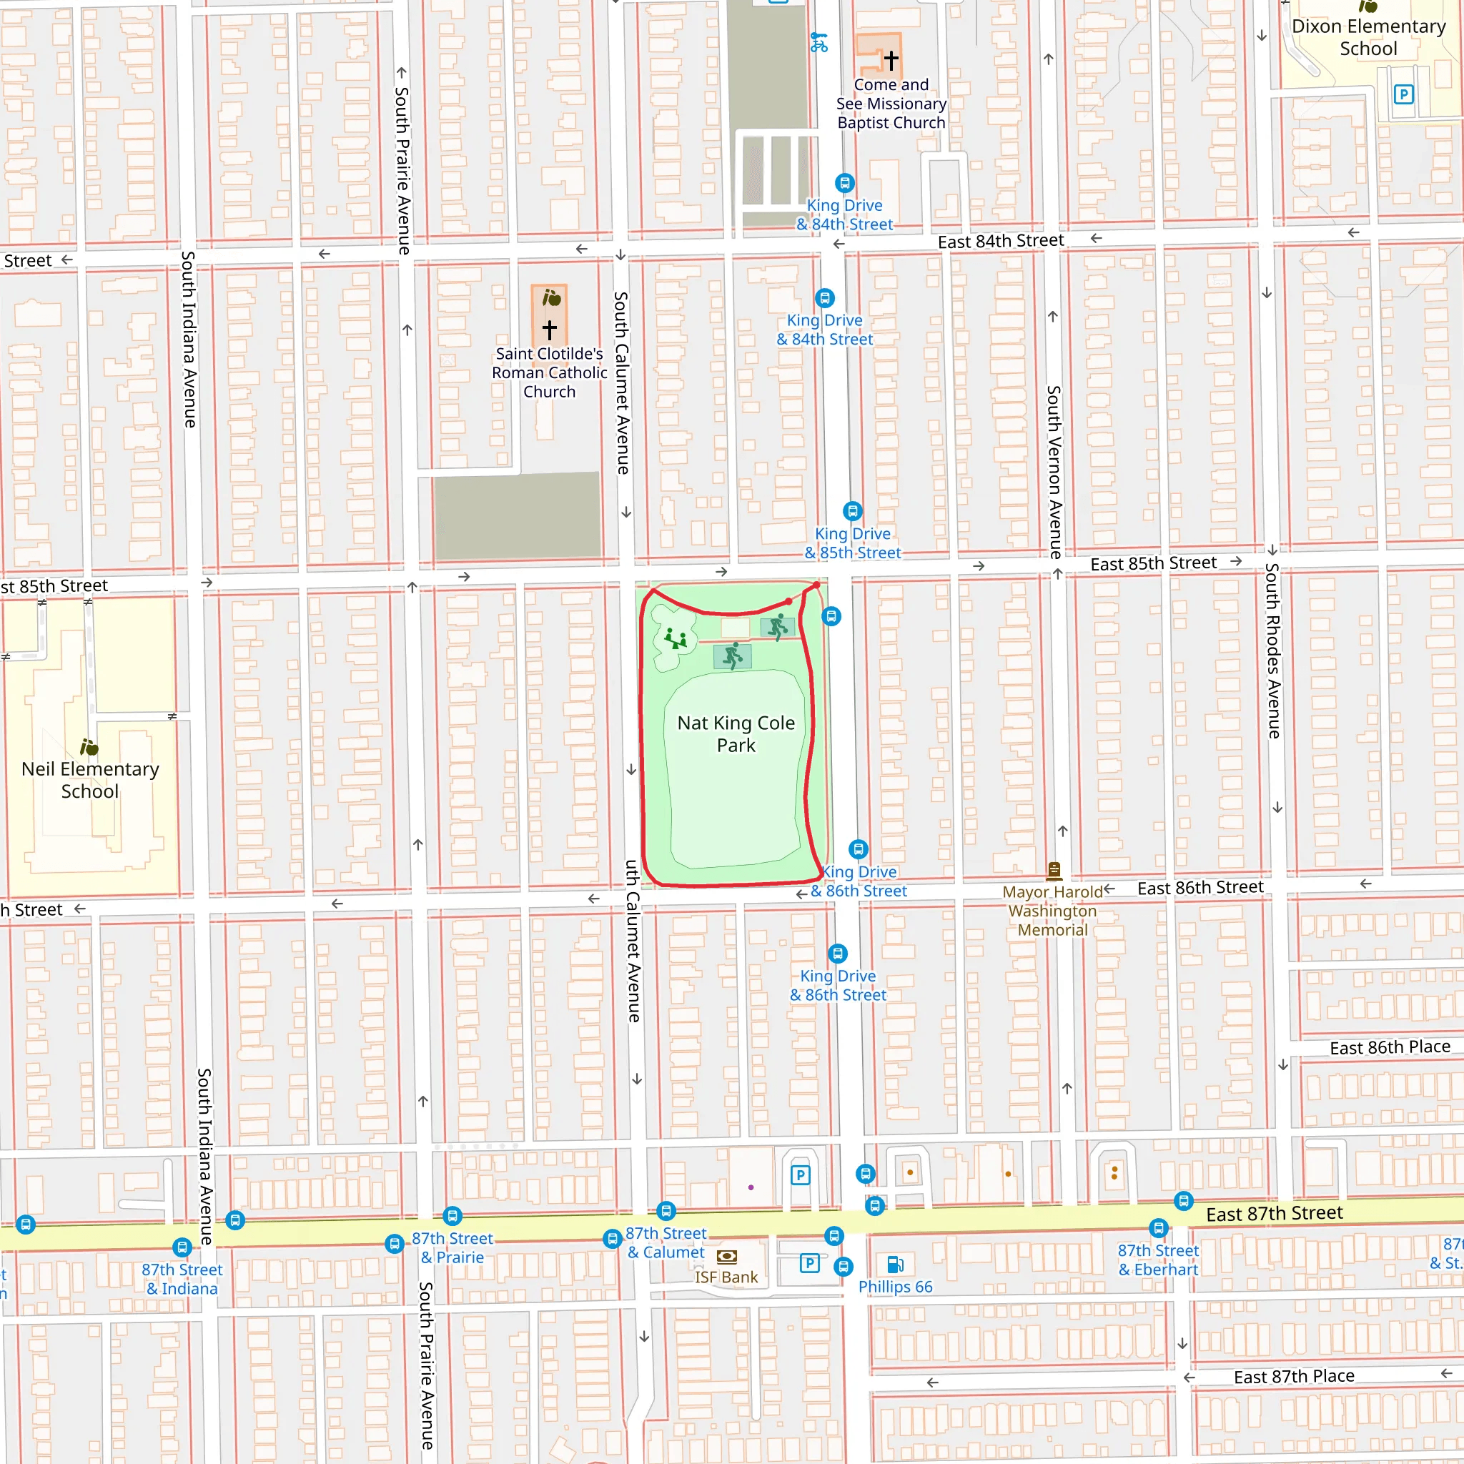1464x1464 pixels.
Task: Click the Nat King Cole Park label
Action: click(736, 733)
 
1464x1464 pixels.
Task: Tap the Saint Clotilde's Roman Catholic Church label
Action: click(550, 373)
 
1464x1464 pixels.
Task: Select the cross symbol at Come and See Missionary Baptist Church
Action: click(891, 59)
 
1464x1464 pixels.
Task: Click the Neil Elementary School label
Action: click(90, 780)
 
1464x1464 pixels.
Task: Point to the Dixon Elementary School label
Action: click(1367, 37)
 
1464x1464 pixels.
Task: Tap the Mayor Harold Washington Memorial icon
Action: click(1053, 869)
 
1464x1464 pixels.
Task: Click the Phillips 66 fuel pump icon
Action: click(895, 1264)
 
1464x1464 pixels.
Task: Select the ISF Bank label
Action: click(726, 1277)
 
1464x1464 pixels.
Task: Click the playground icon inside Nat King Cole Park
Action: click(675, 639)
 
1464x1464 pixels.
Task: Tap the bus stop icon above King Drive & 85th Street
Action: click(853, 510)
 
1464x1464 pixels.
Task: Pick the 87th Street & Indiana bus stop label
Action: click(182, 1279)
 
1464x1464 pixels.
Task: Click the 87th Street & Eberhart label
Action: click(1158, 1260)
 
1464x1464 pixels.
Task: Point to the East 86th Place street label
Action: click(1390, 1047)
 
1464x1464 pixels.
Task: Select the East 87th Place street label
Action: click(1293, 1376)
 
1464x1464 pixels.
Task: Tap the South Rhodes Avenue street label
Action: click(1273, 651)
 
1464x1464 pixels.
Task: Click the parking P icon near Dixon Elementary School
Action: click(1403, 95)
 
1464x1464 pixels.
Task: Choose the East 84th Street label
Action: click(1000, 241)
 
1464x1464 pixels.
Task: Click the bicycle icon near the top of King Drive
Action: click(818, 41)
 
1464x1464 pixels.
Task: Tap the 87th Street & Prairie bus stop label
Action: click(452, 1247)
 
